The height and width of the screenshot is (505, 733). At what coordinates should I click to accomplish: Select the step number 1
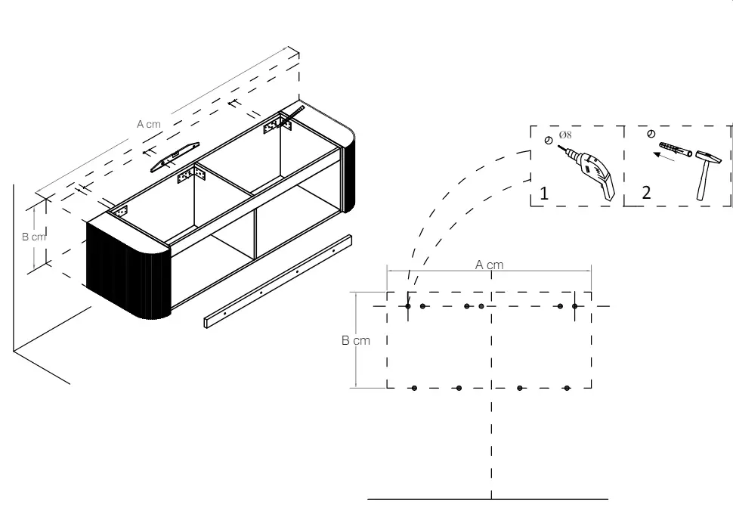543,193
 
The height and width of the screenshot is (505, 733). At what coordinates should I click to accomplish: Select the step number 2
646,193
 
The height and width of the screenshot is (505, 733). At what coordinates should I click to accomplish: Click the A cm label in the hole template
489,265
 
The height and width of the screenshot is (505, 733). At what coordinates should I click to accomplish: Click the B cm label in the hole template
355,341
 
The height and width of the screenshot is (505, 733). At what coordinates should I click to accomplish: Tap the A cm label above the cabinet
149,123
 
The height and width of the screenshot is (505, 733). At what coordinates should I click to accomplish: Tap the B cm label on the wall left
34,237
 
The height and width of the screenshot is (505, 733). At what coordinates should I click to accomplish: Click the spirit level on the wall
175,156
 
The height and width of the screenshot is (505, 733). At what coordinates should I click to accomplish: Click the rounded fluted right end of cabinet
348,171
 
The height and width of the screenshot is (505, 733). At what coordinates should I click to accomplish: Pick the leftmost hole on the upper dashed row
408,306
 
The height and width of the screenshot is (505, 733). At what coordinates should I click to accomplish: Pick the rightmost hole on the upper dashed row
575,306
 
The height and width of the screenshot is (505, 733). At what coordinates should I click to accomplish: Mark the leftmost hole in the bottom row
414,388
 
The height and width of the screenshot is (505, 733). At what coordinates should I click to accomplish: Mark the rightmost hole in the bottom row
567,388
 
